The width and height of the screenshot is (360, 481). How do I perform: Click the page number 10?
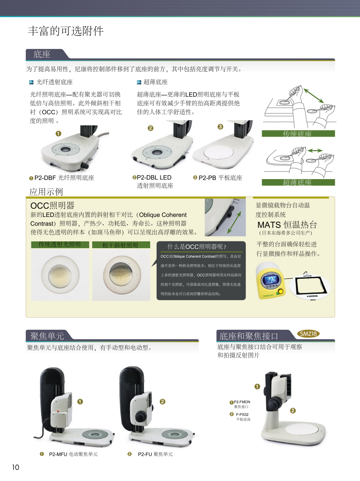point(15,467)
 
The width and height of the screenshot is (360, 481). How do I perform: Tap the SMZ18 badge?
point(308,334)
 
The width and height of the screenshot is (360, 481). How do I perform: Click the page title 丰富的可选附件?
point(66,31)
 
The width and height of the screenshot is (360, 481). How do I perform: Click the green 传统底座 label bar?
point(298,134)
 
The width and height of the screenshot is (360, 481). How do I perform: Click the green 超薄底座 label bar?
point(298,182)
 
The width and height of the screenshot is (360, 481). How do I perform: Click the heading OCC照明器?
point(52,206)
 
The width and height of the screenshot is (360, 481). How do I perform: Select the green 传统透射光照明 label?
point(60,244)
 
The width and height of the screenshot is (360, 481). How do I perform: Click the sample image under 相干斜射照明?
point(121,274)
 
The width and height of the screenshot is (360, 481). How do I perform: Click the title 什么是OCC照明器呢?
point(197,247)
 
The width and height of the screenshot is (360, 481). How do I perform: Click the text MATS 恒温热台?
point(287,225)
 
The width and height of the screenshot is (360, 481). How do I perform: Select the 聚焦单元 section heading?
point(47,336)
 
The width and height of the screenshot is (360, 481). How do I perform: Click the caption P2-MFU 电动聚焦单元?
point(73,454)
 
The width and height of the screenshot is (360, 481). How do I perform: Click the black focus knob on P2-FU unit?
point(141,417)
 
